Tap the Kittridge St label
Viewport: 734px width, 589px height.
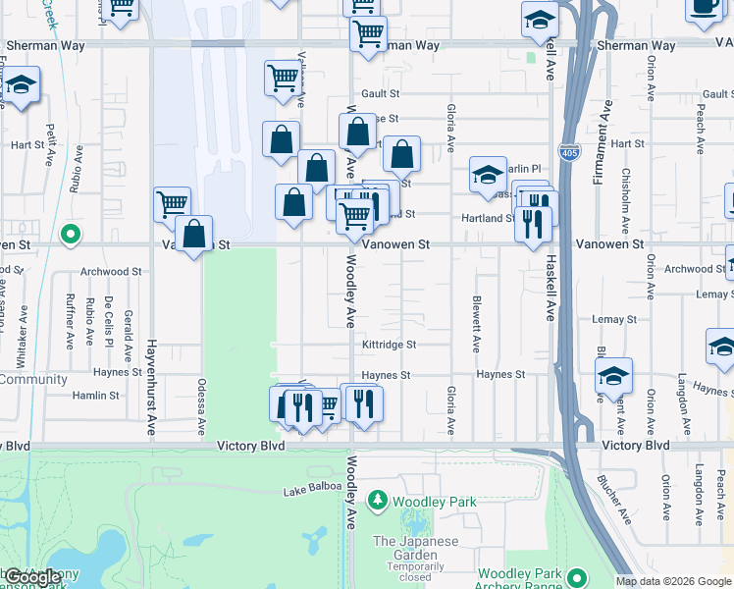pyautogui.click(x=390, y=345)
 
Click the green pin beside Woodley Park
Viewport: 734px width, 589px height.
pyautogui.click(x=378, y=502)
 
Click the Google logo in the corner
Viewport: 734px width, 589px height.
pyautogui.click(x=31, y=577)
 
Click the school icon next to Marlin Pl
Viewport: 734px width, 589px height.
pyautogui.click(x=488, y=176)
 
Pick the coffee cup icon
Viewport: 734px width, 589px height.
pyautogui.click(x=703, y=6)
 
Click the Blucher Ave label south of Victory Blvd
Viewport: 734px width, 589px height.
pyautogui.click(x=614, y=500)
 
